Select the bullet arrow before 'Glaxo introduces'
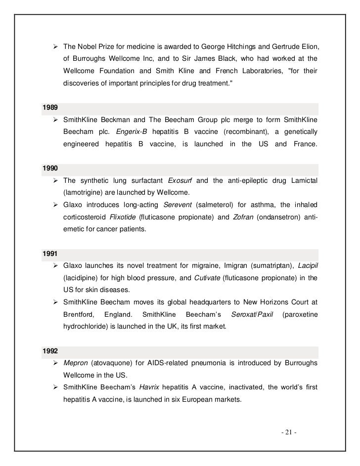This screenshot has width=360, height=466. [56, 205]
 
